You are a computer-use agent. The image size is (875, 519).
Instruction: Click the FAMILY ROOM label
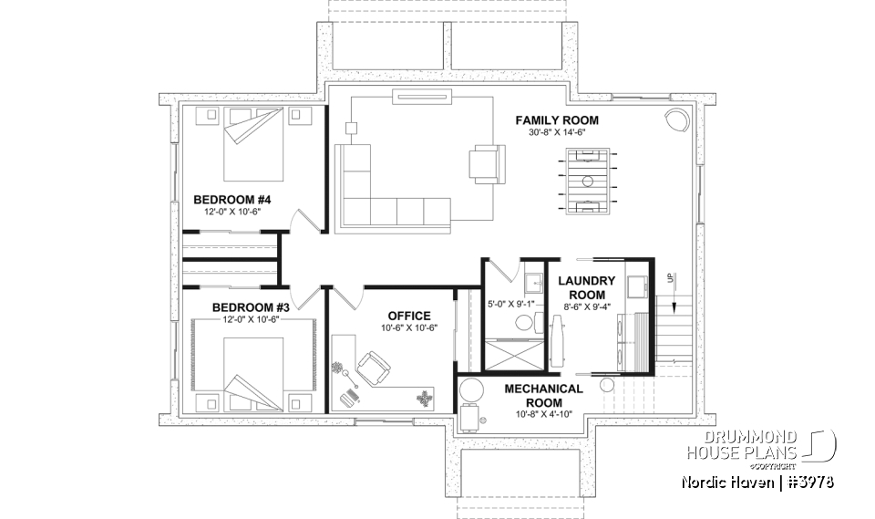coord(556,120)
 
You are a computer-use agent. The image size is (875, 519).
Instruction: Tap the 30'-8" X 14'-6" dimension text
coord(556,132)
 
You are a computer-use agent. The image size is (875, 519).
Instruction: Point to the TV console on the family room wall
coord(417,96)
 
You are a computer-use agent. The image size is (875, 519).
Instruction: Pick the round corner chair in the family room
coord(675,120)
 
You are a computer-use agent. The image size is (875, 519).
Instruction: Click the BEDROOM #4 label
coord(232,199)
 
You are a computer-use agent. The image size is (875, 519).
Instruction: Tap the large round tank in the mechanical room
coord(471,390)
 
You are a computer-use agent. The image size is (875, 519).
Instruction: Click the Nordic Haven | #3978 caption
coord(757,481)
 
